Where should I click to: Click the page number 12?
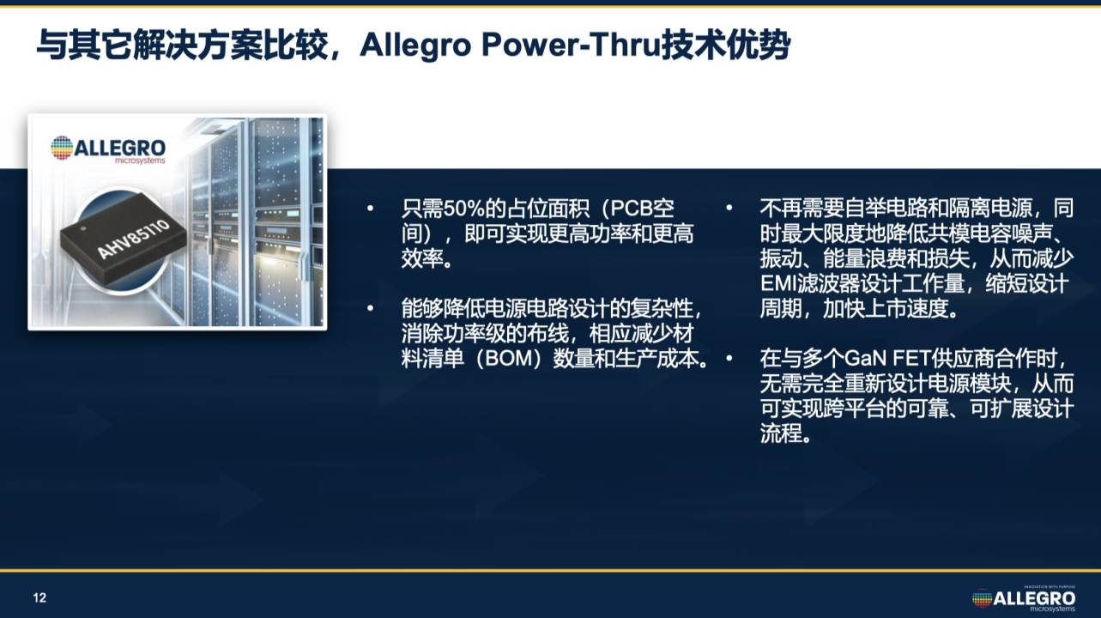tap(39, 598)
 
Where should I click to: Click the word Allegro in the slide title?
tap(416, 46)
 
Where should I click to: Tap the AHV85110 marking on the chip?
tap(134, 239)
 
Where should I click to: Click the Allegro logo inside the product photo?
tap(108, 148)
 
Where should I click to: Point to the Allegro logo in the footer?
tap(1024, 599)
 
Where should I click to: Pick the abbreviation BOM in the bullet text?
tap(509, 360)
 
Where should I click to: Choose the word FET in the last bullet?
tap(911, 360)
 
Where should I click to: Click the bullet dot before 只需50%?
tap(370, 209)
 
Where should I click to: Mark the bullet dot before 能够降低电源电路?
tap(370, 309)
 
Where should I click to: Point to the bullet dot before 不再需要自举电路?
tap(729, 209)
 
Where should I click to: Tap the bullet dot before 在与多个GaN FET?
tap(729, 359)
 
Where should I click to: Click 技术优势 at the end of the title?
tap(725, 45)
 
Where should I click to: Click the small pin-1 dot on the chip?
tap(83, 228)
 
